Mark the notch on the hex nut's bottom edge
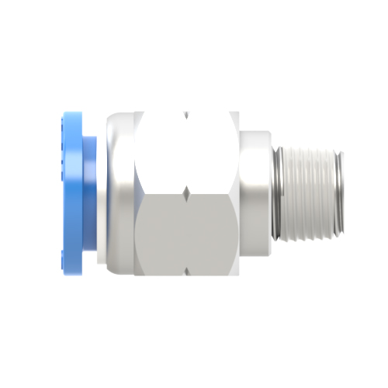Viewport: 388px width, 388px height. pos(186,273)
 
